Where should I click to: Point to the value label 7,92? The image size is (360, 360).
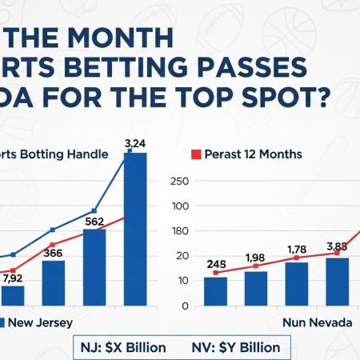[14, 279]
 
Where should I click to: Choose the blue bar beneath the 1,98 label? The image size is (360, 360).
[256, 288]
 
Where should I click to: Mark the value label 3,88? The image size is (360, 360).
[337, 246]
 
